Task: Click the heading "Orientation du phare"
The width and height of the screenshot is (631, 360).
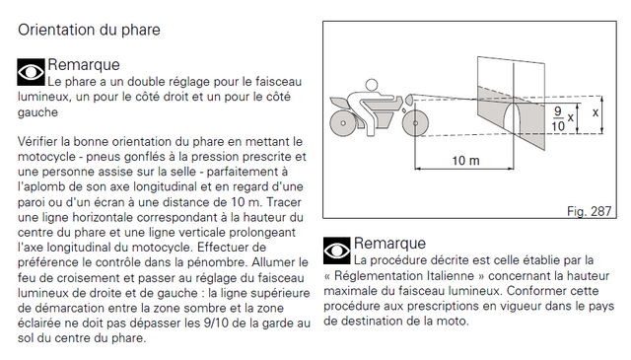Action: (89, 31)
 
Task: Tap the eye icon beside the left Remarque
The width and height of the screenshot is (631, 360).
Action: (31, 72)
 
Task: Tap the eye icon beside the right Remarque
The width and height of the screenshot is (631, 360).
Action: (337, 251)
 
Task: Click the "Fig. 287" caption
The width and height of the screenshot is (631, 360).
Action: (590, 211)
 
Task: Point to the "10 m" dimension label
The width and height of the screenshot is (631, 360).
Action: (465, 161)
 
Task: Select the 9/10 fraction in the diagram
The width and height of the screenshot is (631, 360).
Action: (558, 118)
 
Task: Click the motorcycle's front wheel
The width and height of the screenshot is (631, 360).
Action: (415, 123)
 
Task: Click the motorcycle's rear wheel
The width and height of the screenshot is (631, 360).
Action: (343, 123)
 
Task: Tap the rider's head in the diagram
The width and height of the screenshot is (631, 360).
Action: (372, 85)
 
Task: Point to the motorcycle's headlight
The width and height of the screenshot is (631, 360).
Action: (409, 99)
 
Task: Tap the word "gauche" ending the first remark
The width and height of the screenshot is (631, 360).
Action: (37, 112)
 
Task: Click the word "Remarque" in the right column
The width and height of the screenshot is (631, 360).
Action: (389, 244)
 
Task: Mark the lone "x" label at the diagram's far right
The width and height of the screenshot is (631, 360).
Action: (596, 113)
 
